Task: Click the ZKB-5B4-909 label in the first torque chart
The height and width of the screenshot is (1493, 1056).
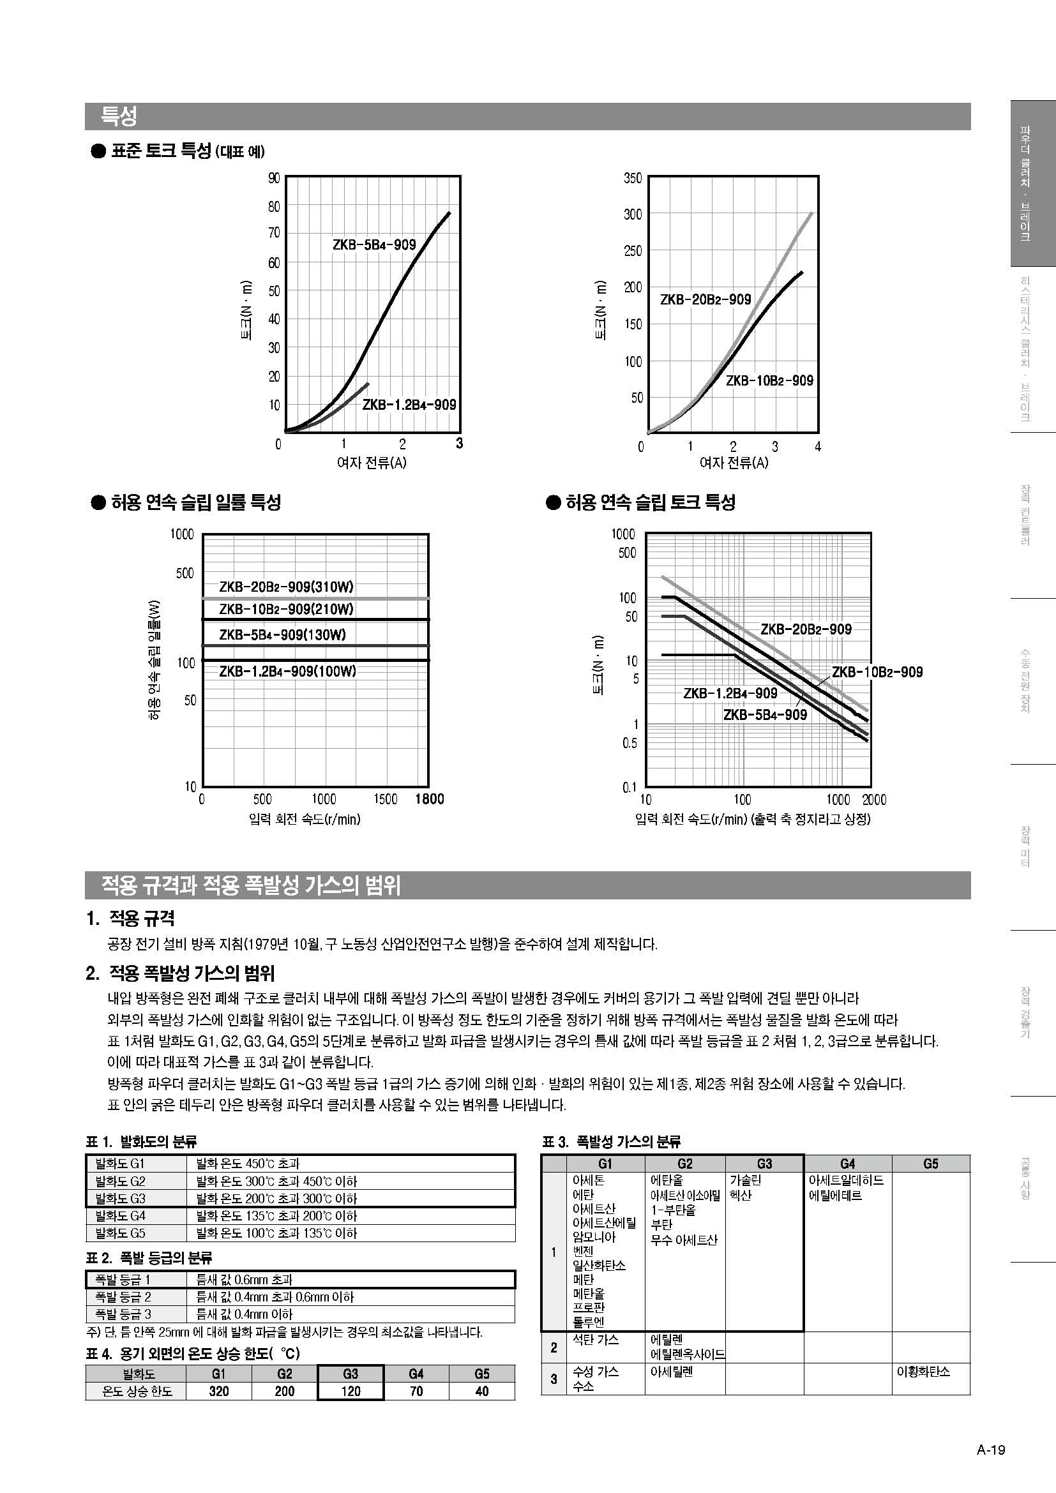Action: point(374,244)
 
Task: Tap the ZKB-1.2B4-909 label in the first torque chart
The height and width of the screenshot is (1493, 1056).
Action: point(409,405)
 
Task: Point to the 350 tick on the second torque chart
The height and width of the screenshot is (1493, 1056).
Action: point(633,178)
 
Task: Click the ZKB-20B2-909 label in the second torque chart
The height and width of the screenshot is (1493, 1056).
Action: point(705,299)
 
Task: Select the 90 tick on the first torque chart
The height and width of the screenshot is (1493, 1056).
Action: point(274,178)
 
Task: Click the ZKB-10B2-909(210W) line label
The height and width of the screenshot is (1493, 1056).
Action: point(286,610)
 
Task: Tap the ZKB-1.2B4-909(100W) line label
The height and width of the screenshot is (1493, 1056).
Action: point(287,671)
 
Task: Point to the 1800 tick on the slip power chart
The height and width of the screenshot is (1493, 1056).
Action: point(429,799)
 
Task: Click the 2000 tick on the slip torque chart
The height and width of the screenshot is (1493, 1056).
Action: point(874,800)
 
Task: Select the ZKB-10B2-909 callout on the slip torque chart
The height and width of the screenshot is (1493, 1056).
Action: point(877,671)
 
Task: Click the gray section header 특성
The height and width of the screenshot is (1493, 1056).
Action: point(119,116)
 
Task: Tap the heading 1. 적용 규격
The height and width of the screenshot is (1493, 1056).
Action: point(131,918)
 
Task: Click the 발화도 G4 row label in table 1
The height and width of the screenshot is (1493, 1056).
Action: point(120,1215)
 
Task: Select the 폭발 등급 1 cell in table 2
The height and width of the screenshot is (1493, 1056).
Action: point(123,1280)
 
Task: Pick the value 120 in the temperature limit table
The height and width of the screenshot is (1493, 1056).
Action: point(351,1391)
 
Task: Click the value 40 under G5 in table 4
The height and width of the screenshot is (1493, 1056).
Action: point(481,1391)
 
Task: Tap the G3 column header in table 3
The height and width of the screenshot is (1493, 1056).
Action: point(764,1164)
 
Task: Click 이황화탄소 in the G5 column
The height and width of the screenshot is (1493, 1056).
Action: point(923,1370)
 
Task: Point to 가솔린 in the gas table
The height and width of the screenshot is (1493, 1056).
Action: point(745,1180)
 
